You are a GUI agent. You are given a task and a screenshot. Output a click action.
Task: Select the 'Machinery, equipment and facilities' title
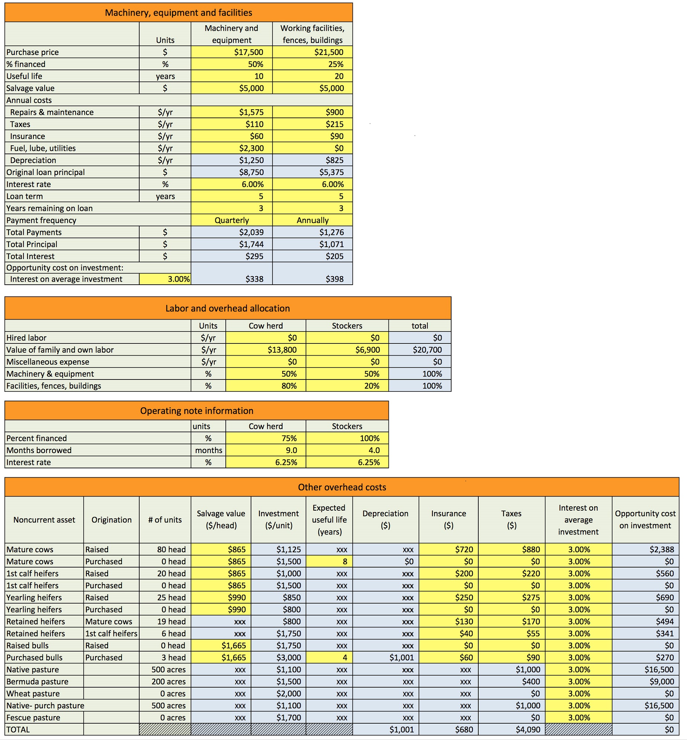pyautogui.click(x=179, y=13)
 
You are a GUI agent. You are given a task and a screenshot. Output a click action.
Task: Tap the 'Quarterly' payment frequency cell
pyautogui.click(x=232, y=220)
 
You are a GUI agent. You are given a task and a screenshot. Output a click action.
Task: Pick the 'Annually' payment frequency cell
pyautogui.click(x=312, y=220)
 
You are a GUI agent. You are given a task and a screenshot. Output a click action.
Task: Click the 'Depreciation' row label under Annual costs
pyautogui.click(x=33, y=160)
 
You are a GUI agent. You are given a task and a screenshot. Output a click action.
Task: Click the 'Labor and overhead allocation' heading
pyautogui.click(x=228, y=308)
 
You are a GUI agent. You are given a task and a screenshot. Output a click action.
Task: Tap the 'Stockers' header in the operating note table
pyautogui.click(x=347, y=426)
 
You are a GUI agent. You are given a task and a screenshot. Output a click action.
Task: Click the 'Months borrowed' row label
pyautogui.click(x=39, y=450)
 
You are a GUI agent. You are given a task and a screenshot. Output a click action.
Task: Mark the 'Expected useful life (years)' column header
pyautogui.click(x=329, y=520)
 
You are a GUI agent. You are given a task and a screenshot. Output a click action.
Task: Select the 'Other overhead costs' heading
pyautogui.click(x=342, y=487)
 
